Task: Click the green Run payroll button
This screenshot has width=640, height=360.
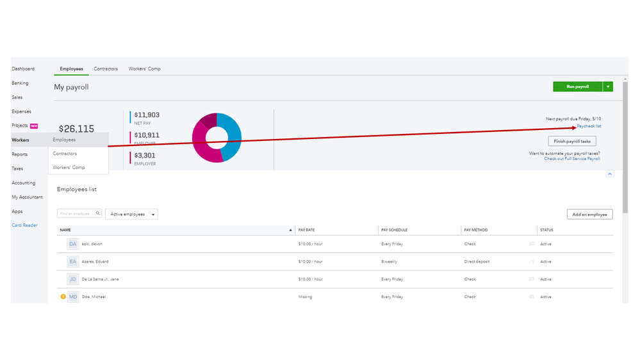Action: pyautogui.click(x=577, y=86)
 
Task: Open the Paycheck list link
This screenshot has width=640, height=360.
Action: pyautogui.click(x=589, y=126)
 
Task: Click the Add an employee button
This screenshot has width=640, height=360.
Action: pyautogui.click(x=589, y=214)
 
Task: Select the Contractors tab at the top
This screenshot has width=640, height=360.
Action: pyautogui.click(x=106, y=69)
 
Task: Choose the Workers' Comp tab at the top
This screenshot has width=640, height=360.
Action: pyautogui.click(x=144, y=69)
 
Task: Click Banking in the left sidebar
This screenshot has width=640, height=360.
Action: pyautogui.click(x=20, y=83)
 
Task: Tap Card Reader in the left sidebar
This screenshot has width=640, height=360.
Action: pyautogui.click(x=24, y=225)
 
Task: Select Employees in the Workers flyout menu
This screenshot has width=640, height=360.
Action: pyautogui.click(x=64, y=140)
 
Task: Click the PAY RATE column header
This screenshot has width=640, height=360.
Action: pyautogui.click(x=306, y=230)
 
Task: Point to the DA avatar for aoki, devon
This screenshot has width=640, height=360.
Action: pyautogui.click(x=72, y=244)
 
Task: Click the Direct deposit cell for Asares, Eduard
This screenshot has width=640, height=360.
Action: pyautogui.click(x=477, y=261)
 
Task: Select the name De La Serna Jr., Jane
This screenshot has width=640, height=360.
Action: pyautogui.click(x=100, y=279)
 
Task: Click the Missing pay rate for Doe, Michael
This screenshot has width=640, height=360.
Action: pyautogui.click(x=305, y=297)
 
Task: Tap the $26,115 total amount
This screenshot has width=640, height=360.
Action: pyautogui.click(x=76, y=129)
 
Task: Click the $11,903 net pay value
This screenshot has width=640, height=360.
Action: pyautogui.click(x=147, y=115)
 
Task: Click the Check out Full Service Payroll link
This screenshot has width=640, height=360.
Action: pyautogui.click(x=572, y=159)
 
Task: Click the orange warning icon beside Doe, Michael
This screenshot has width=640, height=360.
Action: pyautogui.click(x=63, y=297)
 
